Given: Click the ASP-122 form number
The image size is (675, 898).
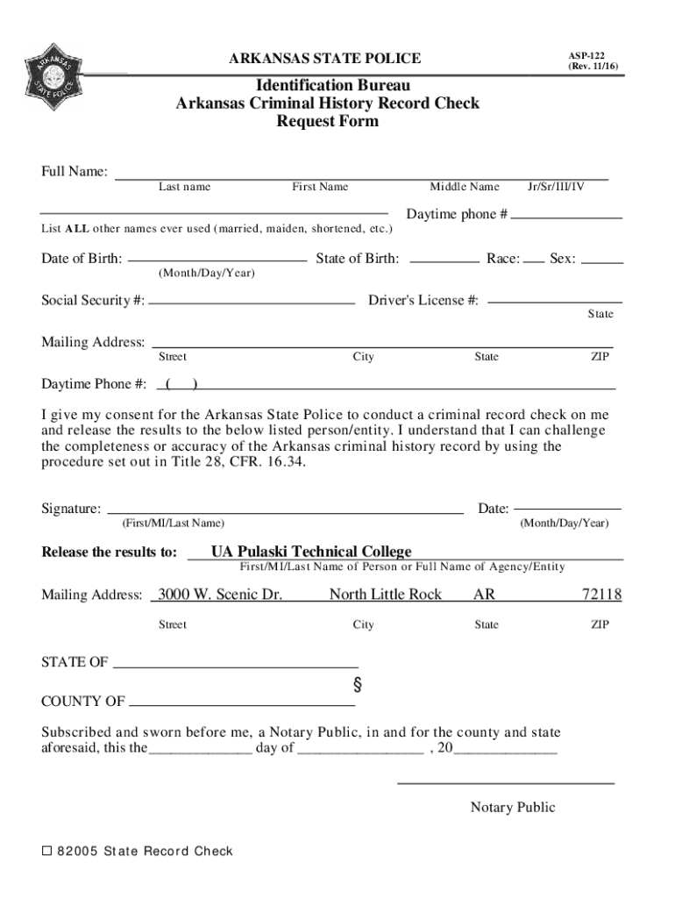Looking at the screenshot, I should pyautogui.click(x=586, y=54).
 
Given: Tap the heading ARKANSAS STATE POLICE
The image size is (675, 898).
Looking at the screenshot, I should pyautogui.click(x=324, y=59).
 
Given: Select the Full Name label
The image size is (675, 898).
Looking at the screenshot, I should pyautogui.click(x=75, y=171).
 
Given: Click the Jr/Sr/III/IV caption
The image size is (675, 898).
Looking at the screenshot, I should pyautogui.click(x=556, y=187).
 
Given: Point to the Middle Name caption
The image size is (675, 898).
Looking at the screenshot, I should pyautogui.click(x=464, y=187).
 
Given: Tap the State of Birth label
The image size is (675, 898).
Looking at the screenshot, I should pyautogui.click(x=357, y=259).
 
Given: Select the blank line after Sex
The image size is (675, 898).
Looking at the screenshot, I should pyautogui.click(x=602, y=261).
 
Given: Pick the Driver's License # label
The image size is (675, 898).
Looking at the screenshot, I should pyautogui.click(x=423, y=301).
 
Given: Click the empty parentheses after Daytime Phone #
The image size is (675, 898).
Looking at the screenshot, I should pyautogui.click(x=181, y=384).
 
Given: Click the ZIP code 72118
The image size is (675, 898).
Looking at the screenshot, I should pyautogui.click(x=601, y=595).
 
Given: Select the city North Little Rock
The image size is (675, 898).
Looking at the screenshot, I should pyautogui.click(x=385, y=595).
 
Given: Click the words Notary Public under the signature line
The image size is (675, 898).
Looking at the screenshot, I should pyautogui.click(x=512, y=808).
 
